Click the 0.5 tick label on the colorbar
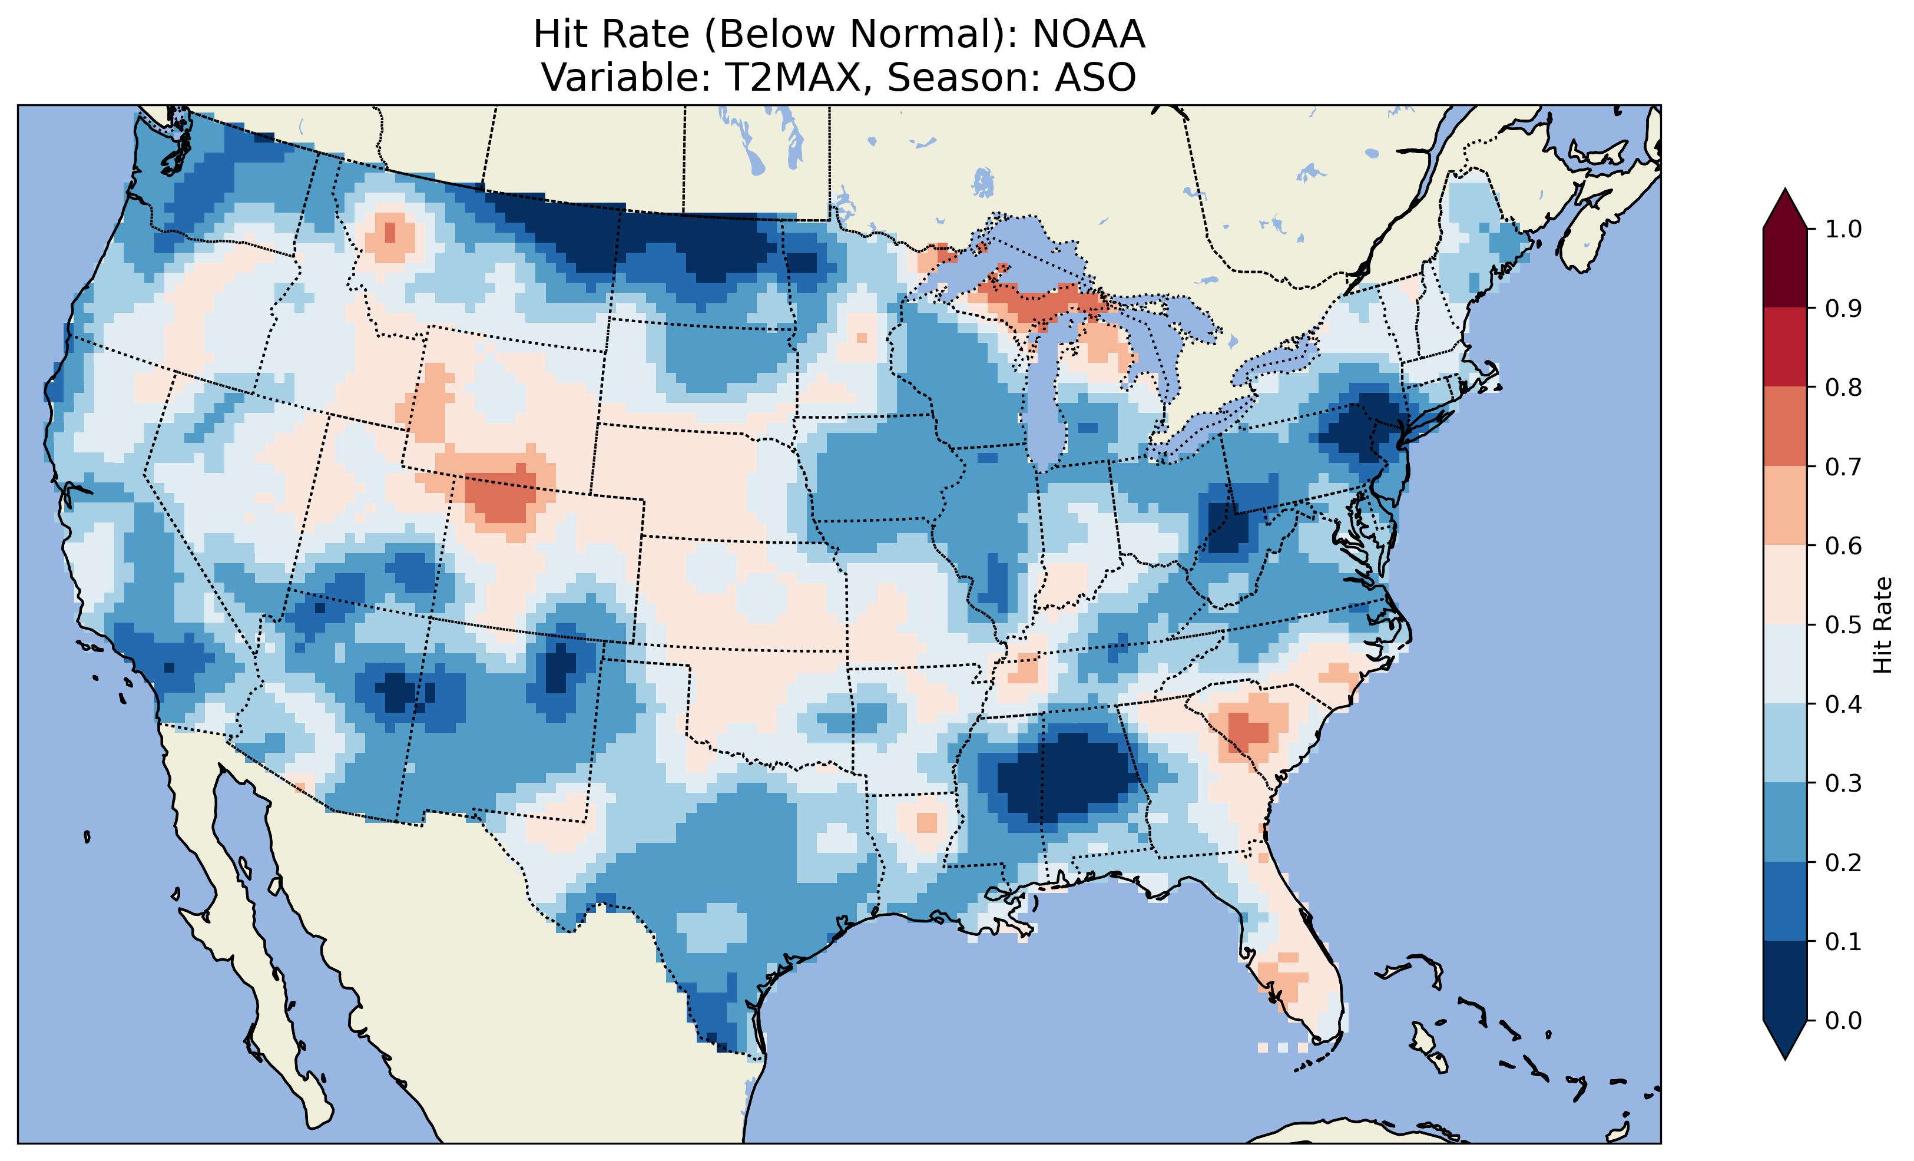pyautogui.click(x=1843, y=625)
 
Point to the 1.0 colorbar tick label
pyautogui.click(x=1843, y=229)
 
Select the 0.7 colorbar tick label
pyautogui.click(x=1843, y=467)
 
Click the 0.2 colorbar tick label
pyautogui.click(x=1843, y=862)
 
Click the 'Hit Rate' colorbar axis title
pyautogui.click(x=1882, y=625)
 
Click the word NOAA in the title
pyautogui.click(x=1088, y=34)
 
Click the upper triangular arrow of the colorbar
pyautogui.click(x=1785, y=209)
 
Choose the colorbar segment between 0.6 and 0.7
pyautogui.click(x=1785, y=505)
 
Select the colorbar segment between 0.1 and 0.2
pyautogui.click(x=1785, y=901)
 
